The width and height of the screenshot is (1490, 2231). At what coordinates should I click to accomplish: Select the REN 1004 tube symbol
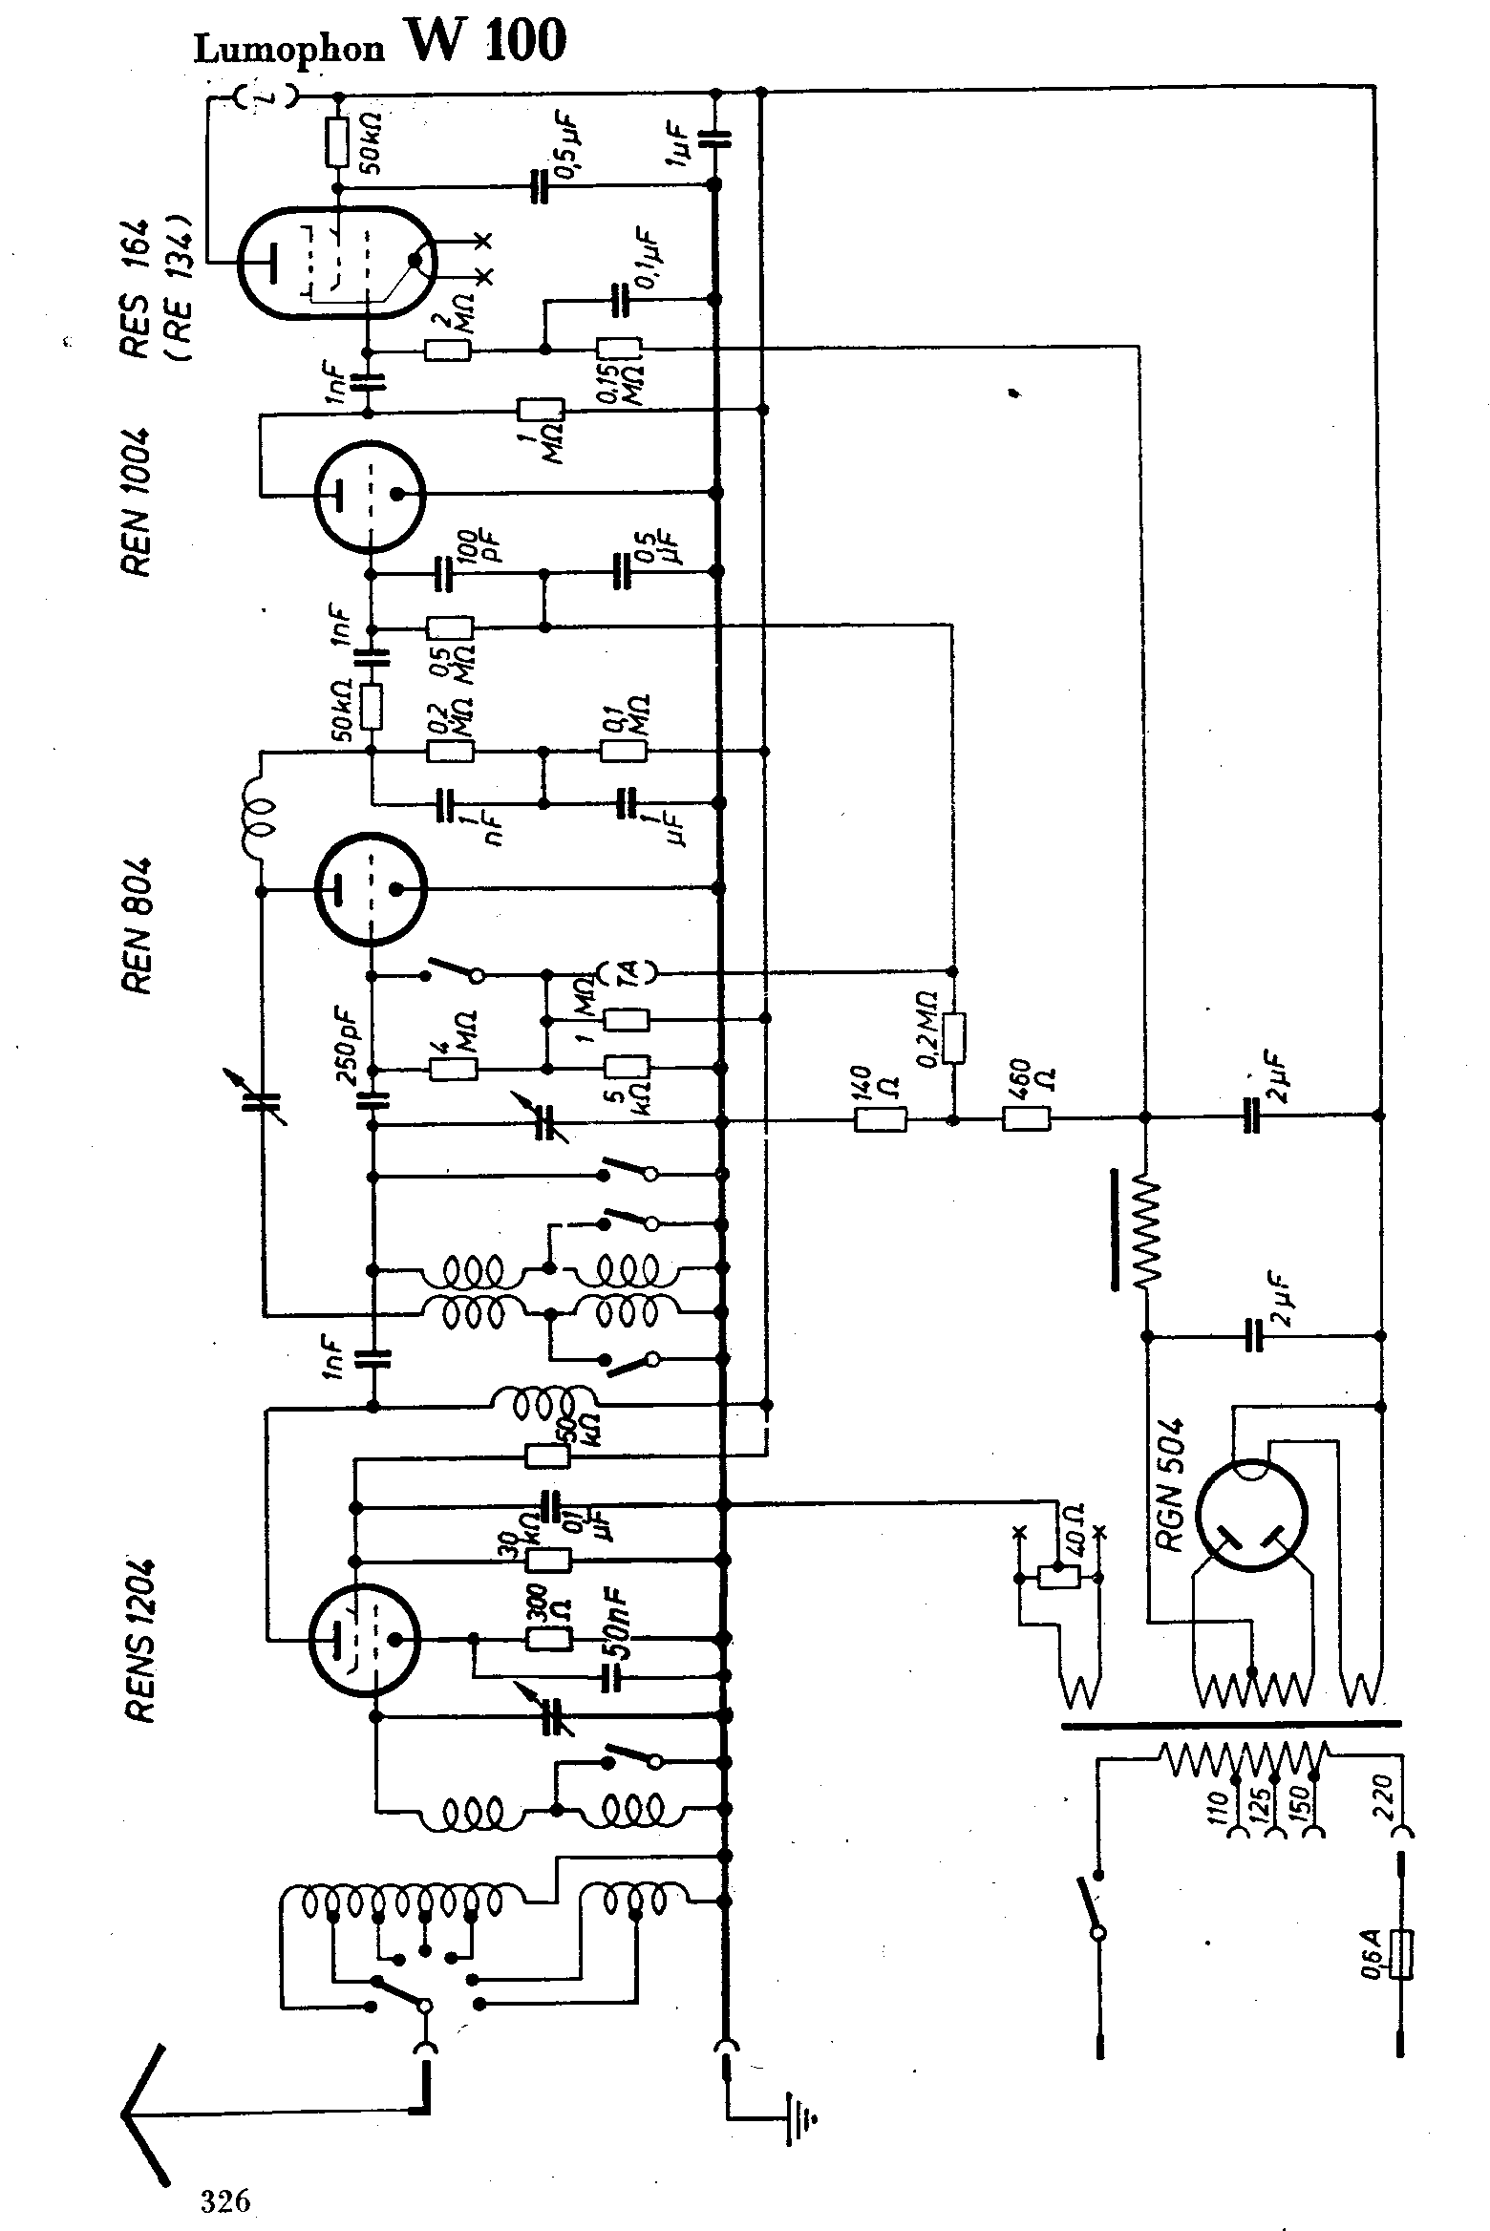(x=369, y=495)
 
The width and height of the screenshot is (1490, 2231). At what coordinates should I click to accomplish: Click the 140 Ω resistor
(x=880, y=1118)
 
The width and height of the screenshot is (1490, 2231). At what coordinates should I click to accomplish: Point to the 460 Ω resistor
(x=1027, y=1118)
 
